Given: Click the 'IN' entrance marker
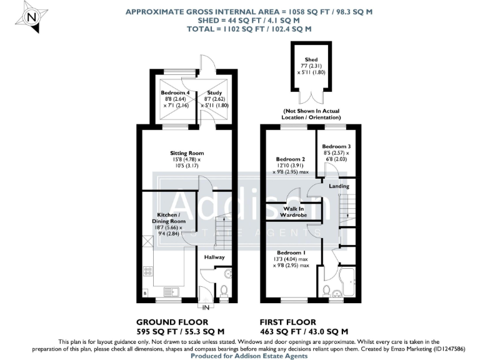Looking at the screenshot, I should (206, 307).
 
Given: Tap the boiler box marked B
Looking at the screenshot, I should (146, 292).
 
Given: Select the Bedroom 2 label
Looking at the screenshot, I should (290, 159).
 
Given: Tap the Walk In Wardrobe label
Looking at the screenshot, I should (295, 211).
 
